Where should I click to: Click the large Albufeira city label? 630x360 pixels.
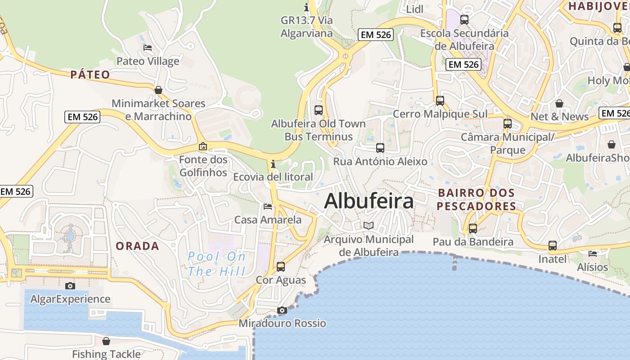click(369, 201)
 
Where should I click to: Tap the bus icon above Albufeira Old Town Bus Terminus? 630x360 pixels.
click(319, 110)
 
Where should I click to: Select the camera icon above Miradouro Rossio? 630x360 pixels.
click(282, 310)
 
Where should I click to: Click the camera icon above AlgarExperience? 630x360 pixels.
click(70, 286)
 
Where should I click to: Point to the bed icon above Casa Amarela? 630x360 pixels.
click(268, 207)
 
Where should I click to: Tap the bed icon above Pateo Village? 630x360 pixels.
click(148, 48)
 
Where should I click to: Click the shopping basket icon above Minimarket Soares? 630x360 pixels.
click(158, 90)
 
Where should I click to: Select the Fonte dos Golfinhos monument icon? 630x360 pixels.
click(203, 146)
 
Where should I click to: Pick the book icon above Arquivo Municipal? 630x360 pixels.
click(369, 225)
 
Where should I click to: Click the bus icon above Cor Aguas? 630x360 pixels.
click(281, 267)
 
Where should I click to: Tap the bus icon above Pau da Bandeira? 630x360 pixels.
click(473, 229)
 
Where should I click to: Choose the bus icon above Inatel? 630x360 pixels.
click(553, 246)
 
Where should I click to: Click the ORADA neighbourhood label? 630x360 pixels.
click(137, 246)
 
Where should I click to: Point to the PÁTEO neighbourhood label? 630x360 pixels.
click(90, 75)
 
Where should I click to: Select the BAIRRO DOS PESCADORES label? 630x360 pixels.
click(476, 200)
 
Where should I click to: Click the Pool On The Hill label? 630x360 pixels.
click(217, 264)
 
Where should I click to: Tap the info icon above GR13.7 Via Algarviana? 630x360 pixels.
click(307, 7)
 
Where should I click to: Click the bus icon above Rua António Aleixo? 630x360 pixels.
click(380, 148)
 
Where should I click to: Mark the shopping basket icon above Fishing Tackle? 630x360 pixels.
click(106, 341)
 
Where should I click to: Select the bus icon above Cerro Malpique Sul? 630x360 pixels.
click(440, 101)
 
